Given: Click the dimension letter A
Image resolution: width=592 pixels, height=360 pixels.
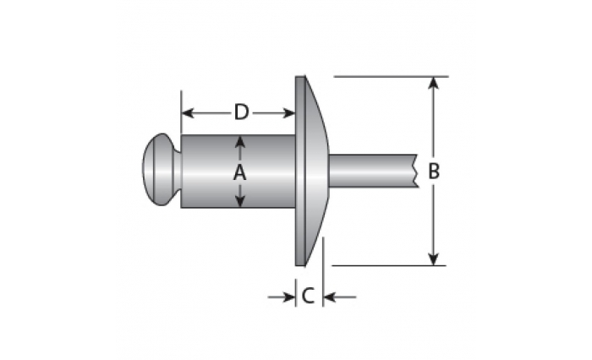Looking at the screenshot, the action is pyautogui.click(x=239, y=173).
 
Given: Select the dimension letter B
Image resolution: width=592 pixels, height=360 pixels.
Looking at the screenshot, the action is pyautogui.click(x=434, y=171).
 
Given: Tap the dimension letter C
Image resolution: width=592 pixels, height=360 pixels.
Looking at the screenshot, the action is pyautogui.click(x=308, y=296).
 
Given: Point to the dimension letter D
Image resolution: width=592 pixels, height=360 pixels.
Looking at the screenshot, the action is pyautogui.click(x=241, y=112).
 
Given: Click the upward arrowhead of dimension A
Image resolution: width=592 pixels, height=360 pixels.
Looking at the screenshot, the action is pyautogui.click(x=239, y=142).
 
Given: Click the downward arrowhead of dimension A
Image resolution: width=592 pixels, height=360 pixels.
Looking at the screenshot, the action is pyautogui.click(x=239, y=200).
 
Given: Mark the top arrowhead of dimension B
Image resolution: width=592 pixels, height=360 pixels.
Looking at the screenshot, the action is pyautogui.click(x=434, y=83).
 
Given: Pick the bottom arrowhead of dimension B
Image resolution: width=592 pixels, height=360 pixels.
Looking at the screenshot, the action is pyautogui.click(x=434, y=259).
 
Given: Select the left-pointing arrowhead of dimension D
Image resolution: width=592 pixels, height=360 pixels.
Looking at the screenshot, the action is pyautogui.click(x=188, y=113).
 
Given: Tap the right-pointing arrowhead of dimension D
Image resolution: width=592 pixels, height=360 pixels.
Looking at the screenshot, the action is pyautogui.click(x=289, y=113).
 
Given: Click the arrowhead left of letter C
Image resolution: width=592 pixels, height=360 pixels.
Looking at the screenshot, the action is pyautogui.click(x=289, y=297).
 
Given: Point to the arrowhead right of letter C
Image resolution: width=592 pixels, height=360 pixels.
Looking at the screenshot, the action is pyautogui.click(x=330, y=297).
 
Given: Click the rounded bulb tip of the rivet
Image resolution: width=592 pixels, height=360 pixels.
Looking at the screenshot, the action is pyautogui.click(x=162, y=169).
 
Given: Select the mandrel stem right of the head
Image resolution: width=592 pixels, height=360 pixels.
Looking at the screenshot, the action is pyautogui.click(x=373, y=171).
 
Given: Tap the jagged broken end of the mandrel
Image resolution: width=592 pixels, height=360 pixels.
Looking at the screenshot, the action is pyautogui.click(x=417, y=171).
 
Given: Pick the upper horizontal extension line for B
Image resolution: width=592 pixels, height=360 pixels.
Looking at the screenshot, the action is pyautogui.click(x=391, y=77).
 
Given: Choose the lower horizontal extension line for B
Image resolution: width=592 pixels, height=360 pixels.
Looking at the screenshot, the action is pyautogui.click(x=389, y=265).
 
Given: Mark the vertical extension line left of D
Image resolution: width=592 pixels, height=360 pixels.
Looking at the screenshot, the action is pyautogui.click(x=181, y=112).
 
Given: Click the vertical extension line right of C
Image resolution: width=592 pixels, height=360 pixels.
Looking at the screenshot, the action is pyautogui.click(x=323, y=272).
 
